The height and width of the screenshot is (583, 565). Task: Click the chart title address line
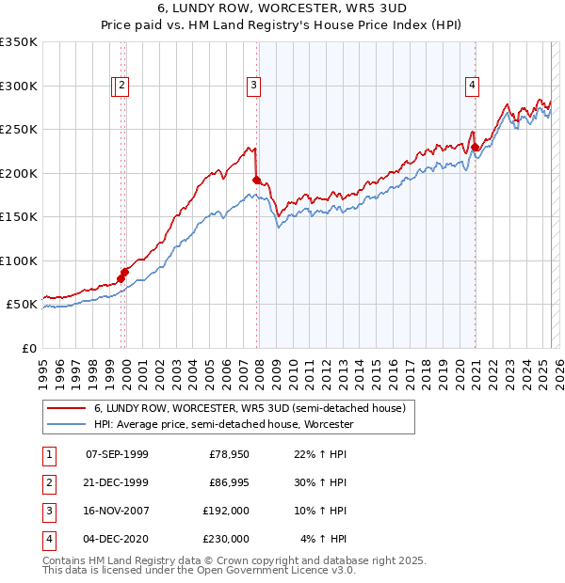point(282,9)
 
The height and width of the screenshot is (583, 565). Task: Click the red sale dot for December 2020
point(476,147)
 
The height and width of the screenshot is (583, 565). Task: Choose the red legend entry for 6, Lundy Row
point(250,409)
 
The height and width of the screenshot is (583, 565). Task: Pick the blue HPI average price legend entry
point(223,425)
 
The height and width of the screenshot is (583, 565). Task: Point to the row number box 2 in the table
point(48,482)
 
